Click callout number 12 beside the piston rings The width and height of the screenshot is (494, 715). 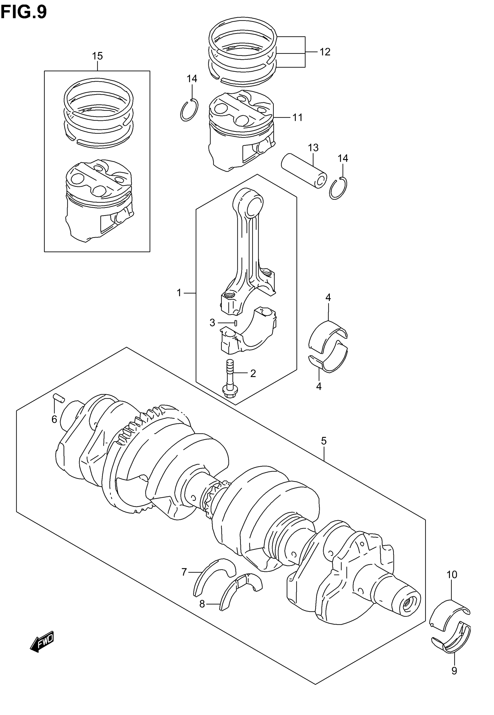[325, 52]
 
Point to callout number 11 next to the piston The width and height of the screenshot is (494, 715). [298, 118]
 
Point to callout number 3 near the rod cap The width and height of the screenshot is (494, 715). [212, 323]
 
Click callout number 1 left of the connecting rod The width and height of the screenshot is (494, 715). [179, 292]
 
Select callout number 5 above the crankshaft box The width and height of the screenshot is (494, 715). [324, 441]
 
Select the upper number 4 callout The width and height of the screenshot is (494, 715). [328, 297]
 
